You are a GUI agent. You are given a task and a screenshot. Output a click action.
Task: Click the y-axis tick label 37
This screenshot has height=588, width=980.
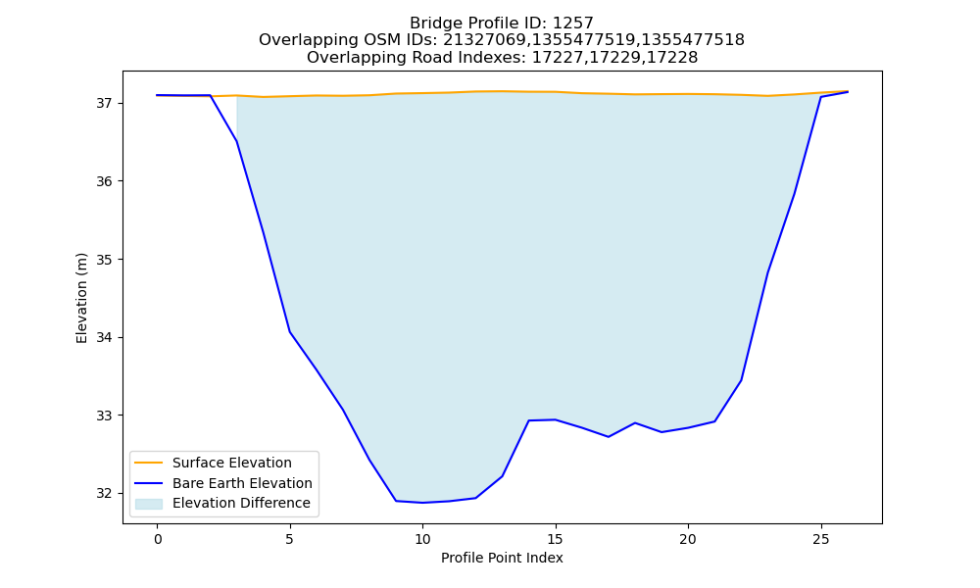105,103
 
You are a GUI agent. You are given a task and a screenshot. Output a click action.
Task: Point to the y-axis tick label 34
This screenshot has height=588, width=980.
105,337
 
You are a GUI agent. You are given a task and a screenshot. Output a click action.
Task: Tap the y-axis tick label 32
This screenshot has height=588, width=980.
105,494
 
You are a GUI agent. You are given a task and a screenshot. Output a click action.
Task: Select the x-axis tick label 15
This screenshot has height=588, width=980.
555,539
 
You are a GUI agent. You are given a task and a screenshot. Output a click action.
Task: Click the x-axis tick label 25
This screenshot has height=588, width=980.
820,539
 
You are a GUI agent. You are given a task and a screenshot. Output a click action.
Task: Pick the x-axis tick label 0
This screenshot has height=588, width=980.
158,539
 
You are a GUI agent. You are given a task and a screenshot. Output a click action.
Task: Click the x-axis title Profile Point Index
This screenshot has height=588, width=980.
502,558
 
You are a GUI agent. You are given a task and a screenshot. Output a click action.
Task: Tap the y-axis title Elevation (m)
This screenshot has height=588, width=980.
81,298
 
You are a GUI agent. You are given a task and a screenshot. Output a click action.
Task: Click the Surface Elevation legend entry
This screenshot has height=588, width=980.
232,463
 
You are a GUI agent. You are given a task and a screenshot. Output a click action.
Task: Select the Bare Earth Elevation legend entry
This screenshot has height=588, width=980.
242,483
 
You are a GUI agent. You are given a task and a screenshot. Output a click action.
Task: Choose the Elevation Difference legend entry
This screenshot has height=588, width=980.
241,503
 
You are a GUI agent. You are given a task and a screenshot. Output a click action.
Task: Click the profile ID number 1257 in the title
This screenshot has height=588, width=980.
572,24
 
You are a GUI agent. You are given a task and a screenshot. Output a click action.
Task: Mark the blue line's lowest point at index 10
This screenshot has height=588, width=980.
422,503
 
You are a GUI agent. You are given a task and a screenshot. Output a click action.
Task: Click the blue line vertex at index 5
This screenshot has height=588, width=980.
290,331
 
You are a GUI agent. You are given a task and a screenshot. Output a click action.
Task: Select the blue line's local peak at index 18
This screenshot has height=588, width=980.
635,423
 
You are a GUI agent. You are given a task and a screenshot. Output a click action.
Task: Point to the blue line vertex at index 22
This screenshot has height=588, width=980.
741,380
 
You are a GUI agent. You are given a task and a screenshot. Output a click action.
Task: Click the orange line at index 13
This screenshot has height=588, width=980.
502,91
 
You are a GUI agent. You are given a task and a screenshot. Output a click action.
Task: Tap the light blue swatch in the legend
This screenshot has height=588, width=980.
149,504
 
